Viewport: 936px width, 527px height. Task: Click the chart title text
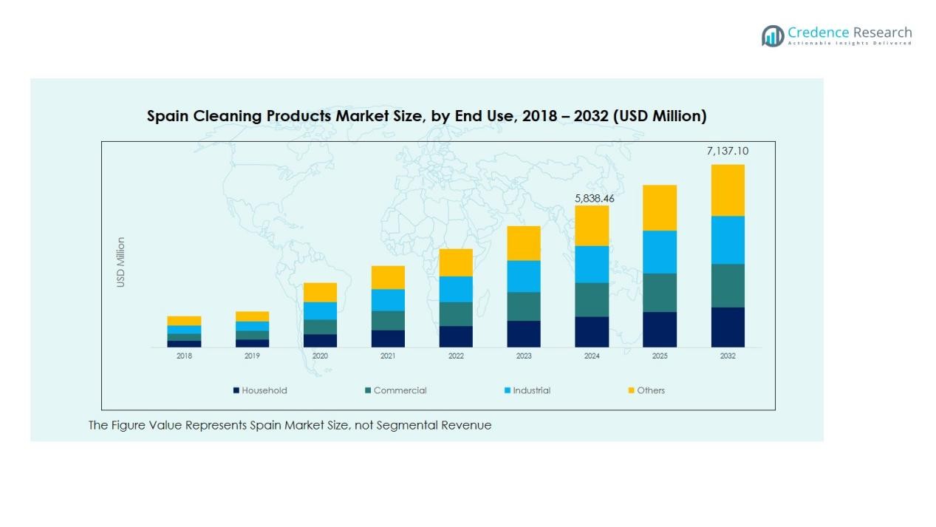(x=426, y=116)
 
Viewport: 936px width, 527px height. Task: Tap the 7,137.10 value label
(x=727, y=151)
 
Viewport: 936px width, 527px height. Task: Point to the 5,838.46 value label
(x=594, y=198)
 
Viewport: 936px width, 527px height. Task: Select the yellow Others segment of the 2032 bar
(x=728, y=190)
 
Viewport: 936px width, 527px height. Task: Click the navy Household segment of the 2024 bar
(x=592, y=332)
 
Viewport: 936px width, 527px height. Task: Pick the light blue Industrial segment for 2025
(x=660, y=252)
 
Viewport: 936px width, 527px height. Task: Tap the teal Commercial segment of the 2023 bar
(x=524, y=306)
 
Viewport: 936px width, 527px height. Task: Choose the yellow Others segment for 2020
(x=320, y=292)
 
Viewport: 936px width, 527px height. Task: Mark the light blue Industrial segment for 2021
(x=388, y=299)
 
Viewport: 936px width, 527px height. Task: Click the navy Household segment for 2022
(x=456, y=336)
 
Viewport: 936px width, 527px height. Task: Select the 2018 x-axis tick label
(x=184, y=356)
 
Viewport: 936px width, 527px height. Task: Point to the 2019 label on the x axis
(x=252, y=356)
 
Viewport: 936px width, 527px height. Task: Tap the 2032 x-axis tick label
(x=728, y=356)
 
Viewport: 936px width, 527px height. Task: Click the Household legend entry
(x=259, y=390)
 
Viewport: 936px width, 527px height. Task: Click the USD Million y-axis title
(x=120, y=262)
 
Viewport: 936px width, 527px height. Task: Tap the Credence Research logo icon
(x=773, y=35)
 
